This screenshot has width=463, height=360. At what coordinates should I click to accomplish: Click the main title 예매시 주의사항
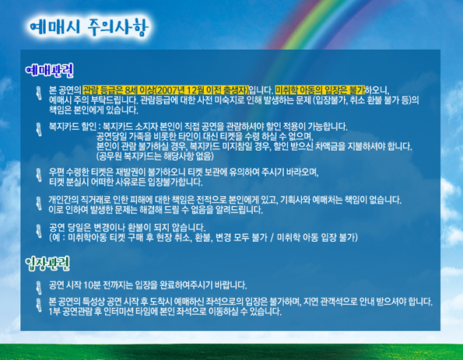coord(89,27)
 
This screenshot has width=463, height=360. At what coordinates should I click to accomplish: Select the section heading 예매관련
coord(49,71)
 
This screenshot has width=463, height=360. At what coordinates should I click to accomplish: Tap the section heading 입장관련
coord(47,264)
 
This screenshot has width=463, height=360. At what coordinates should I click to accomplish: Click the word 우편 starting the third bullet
coord(56,172)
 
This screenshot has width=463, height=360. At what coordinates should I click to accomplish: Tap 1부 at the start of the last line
coord(54,311)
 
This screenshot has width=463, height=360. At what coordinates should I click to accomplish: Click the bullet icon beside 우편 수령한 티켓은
coord(39,175)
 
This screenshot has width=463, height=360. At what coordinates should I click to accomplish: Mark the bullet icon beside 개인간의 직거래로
coord(39,203)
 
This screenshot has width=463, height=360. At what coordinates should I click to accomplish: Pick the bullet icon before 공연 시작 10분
coord(39,288)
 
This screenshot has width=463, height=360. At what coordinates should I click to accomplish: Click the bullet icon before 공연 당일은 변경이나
coord(39,231)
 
